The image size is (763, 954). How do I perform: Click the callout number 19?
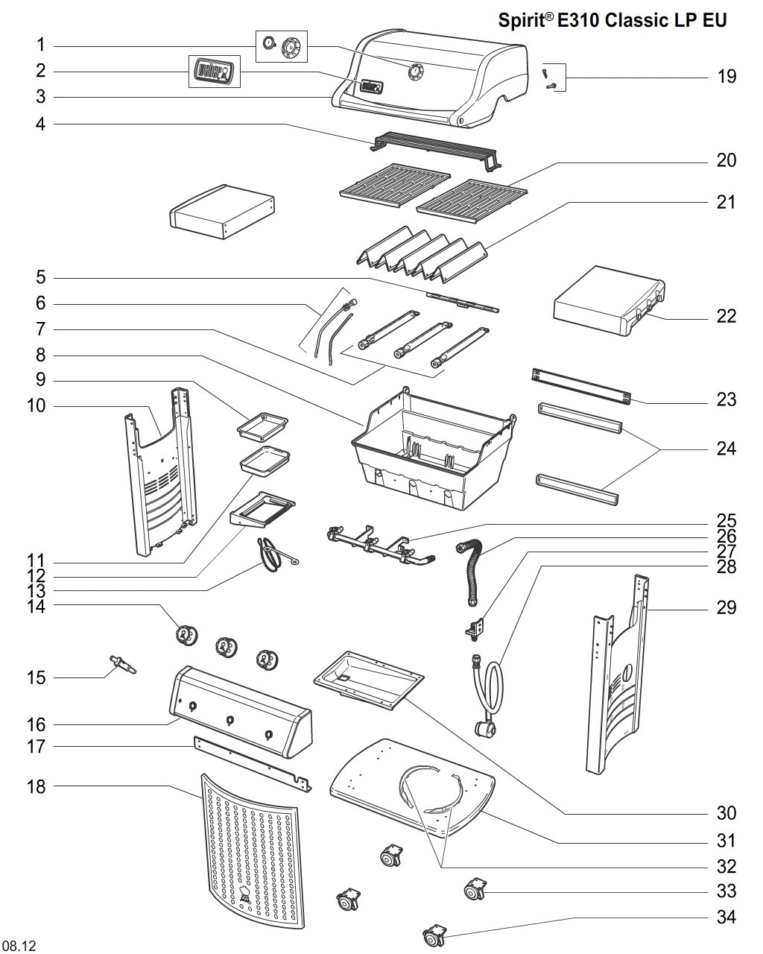(x=726, y=76)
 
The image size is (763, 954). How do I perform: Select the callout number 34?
(x=726, y=917)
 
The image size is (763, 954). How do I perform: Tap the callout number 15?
(x=37, y=677)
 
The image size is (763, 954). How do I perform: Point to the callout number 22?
(x=726, y=316)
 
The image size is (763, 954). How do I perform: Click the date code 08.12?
(x=19, y=946)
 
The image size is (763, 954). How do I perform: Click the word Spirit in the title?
(x=523, y=20)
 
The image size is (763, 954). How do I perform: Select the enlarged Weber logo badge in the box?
(x=214, y=72)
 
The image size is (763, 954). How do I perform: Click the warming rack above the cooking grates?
(x=436, y=147)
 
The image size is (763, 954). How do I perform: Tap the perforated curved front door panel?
(x=252, y=850)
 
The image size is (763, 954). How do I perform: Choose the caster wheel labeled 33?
(x=474, y=889)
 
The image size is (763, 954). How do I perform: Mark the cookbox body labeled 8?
(x=432, y=451)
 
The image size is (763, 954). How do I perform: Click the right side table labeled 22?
(x=607, y=302)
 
